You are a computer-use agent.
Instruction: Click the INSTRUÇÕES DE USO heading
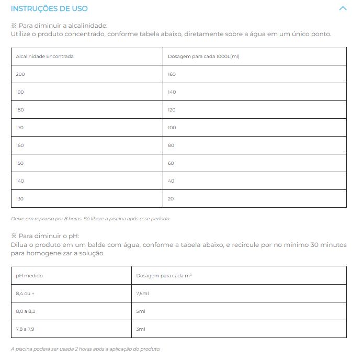click(49, 8)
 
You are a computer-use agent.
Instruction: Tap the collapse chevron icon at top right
click(343, 8)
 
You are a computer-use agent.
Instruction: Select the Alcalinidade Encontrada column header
click(44, 57)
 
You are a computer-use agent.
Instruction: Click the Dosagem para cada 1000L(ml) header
click(203, 57)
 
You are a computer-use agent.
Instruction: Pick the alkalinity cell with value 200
click(20, 74)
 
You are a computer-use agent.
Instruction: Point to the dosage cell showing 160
click(172, 74)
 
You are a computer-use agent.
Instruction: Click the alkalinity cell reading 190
click(20, 92)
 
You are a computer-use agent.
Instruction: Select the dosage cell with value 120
click(172, 110)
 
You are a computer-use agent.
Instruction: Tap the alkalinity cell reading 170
click(20, 128)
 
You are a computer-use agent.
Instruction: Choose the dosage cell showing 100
click(172, 128)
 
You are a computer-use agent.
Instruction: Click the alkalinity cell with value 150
click(20, 163)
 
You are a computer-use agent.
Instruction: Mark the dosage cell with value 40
click(172, 181)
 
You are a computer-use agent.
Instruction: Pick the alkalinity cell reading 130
click(20, 199)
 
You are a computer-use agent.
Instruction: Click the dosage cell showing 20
click(171, 199)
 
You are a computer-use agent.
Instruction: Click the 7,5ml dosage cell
click(143, 294)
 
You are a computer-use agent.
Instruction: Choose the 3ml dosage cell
click(141, 329)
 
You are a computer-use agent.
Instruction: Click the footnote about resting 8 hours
click(90, 219)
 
